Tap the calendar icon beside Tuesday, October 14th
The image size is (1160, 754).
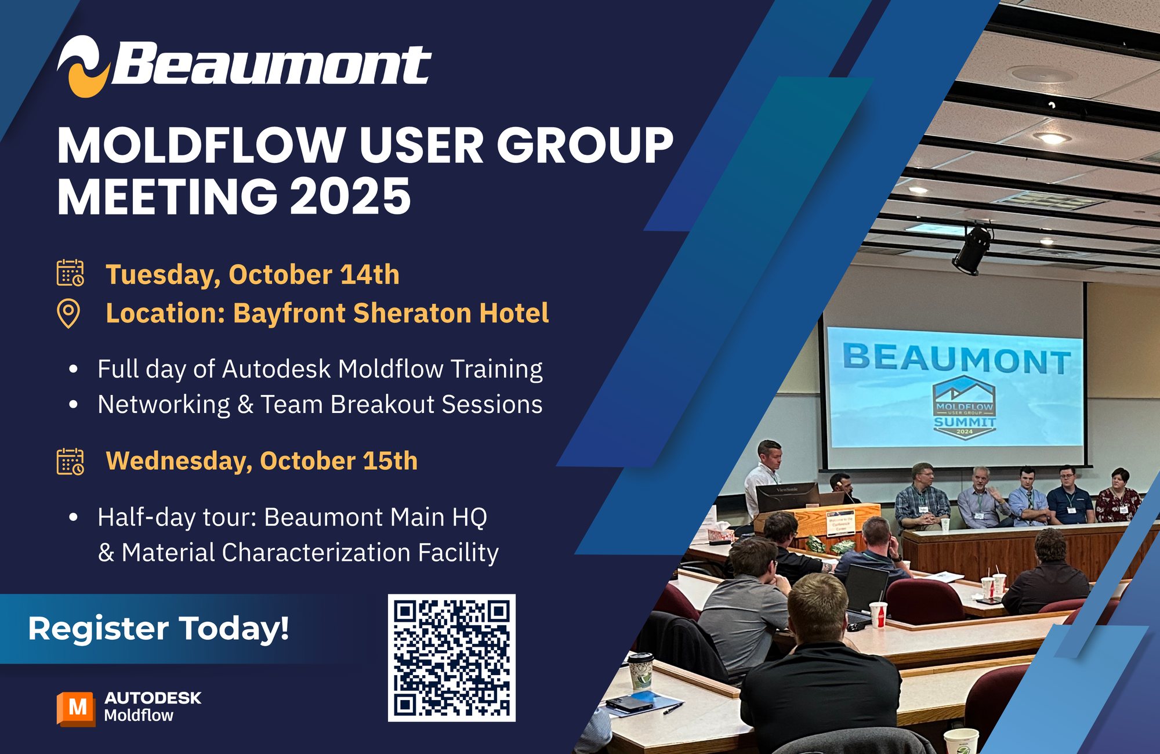click(x=70, y=273)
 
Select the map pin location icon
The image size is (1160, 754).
click(x=68, y=314)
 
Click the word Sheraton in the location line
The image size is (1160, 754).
click(x=412, y=313)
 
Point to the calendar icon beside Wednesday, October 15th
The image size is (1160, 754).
click(x=70, y=462)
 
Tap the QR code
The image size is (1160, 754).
click(x=451, y=658)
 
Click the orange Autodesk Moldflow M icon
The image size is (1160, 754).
click(x=76, y=708)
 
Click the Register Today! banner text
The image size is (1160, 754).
click(x=158, y=629)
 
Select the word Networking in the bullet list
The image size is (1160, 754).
click(x=164, y=405)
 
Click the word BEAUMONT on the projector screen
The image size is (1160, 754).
click(x=956, y=358)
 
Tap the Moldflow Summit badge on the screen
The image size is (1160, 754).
click(x=964, y=407)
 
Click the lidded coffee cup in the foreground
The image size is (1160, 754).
click(x=640, y=672)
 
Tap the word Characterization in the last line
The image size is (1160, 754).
click(x=316, y=553)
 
